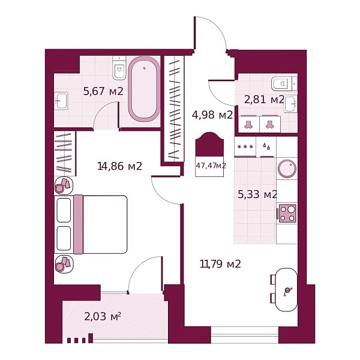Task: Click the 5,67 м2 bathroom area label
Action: [103, 91]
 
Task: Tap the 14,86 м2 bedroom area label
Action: [119, 166]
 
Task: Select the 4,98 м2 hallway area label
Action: [212, 115]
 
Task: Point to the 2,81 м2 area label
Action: [264, 100]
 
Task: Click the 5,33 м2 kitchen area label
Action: [257, 194]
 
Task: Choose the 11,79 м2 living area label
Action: [220, 264]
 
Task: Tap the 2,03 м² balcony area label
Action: [103, 317]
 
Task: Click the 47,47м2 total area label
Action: [211, 166]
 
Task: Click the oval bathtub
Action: [144, 89]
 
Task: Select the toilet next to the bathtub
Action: [119, 68]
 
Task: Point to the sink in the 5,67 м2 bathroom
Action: [61, 101]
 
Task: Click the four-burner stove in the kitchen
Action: [287, 214]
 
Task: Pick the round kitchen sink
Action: [287, 169]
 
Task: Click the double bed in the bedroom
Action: [91, 224]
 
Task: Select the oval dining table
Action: [286, 290]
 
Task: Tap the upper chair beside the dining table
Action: [273, 280]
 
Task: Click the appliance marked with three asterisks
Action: [245, 147]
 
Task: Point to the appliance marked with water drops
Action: [266, 147]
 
